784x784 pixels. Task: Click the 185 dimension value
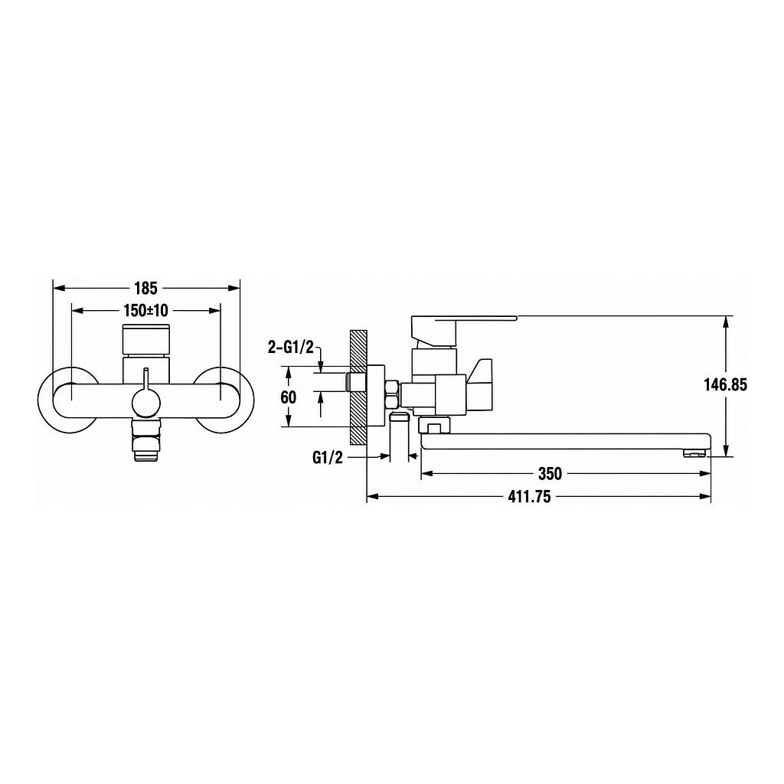[146, 288]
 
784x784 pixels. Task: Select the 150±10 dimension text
[146, 311]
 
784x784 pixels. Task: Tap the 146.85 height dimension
[726, 384]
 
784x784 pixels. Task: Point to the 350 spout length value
[550, 473]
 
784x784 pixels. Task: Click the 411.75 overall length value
[529, 496]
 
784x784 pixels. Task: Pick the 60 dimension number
[289, 397]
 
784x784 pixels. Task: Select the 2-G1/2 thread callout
[290, 348]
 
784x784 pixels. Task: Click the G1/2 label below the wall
[328, 458]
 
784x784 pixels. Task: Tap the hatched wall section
[358, 387]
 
